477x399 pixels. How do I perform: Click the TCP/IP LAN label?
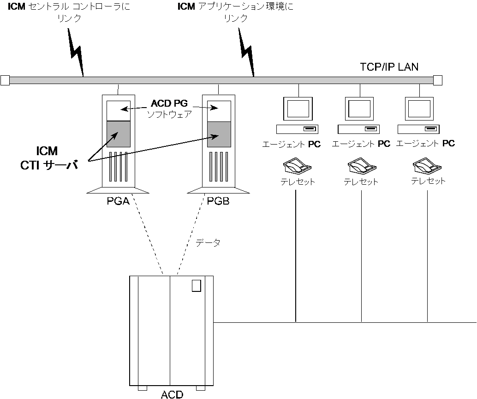coord(389,67)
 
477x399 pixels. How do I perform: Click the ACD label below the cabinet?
coord(172,394)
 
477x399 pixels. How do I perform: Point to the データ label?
coord(208,242)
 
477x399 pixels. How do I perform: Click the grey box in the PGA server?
coord(118,134)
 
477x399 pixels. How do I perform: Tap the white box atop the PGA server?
coord(118,110)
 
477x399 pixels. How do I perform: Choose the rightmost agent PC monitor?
coord(419,109)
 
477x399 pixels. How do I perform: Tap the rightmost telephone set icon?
coord(425,165)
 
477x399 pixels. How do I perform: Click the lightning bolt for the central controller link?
coord(77,51)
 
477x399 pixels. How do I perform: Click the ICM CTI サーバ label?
coord(48,158)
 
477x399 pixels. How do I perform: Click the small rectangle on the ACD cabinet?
coord(197,286)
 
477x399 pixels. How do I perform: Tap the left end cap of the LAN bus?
coord(5,80)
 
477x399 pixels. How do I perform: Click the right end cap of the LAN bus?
coord(437,80)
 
